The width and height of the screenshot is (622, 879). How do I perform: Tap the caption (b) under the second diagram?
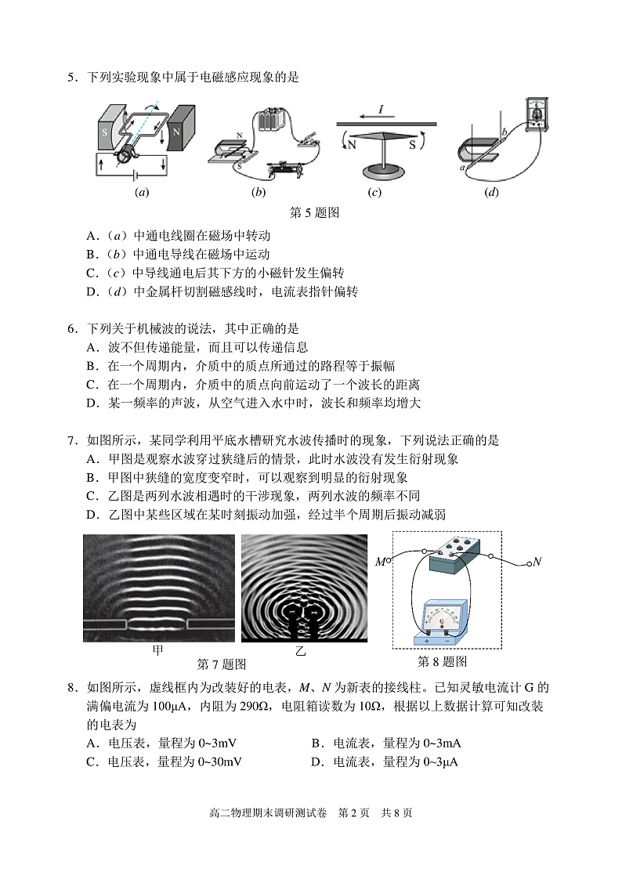(259, 193)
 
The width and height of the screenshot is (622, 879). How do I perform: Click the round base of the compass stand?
(385, 172)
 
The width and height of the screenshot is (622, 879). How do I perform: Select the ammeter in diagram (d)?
(537, 114)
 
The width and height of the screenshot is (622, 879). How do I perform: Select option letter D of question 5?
(92, 292)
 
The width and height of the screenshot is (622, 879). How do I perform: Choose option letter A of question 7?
(92, 459)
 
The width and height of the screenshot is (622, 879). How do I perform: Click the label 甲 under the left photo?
(158, 650)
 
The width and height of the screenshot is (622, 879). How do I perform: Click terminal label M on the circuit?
(381, 561)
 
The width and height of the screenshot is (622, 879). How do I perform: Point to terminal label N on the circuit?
(537, 562)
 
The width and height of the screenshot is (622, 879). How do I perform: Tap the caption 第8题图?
(443, 662)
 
